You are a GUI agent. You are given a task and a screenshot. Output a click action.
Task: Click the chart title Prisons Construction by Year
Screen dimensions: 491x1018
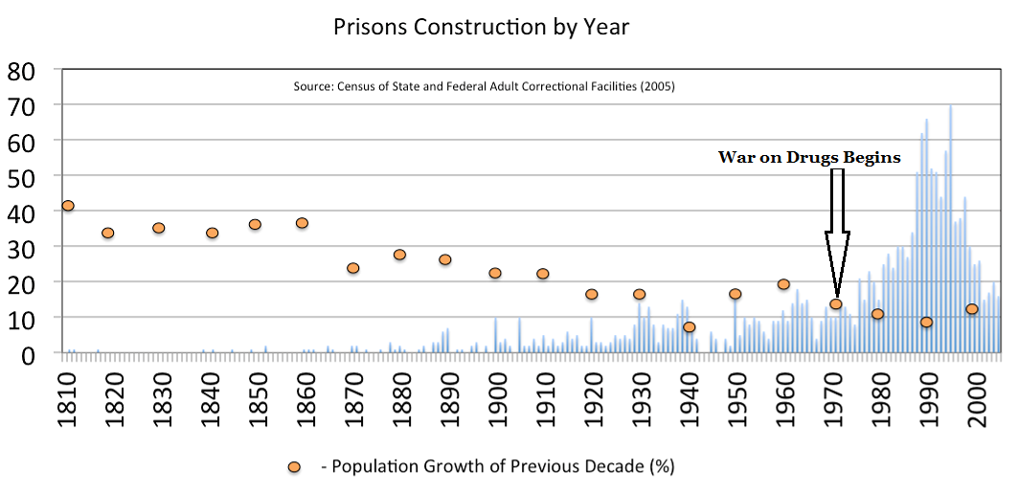(x=481, y=27)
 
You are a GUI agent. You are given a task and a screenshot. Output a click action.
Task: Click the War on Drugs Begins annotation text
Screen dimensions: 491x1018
(x=809, y=158)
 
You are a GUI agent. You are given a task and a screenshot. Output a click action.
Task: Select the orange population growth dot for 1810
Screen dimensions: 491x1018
(x=67, y=206)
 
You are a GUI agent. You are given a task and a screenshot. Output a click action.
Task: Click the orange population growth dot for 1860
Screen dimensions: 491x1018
(x=302, y=223)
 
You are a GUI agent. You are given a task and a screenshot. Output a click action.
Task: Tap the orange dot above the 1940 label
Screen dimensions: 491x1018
(x=689, y=327)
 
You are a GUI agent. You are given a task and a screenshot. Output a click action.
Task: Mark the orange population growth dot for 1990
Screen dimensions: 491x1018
(x=926, y=323)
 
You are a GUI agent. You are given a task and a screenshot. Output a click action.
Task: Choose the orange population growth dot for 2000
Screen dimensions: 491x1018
(x=972, y=309)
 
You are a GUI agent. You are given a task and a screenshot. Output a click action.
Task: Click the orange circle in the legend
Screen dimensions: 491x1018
(x=294, y=466)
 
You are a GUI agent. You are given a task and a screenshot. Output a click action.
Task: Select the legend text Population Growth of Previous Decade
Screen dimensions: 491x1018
(x=498, y=466)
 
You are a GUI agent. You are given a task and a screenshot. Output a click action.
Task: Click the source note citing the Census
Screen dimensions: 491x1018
(x=484, y=86)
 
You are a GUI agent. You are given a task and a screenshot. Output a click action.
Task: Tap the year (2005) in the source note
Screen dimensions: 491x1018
(x=657, y=86)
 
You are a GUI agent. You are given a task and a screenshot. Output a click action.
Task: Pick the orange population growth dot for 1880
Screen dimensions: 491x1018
(x=399, y=255)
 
